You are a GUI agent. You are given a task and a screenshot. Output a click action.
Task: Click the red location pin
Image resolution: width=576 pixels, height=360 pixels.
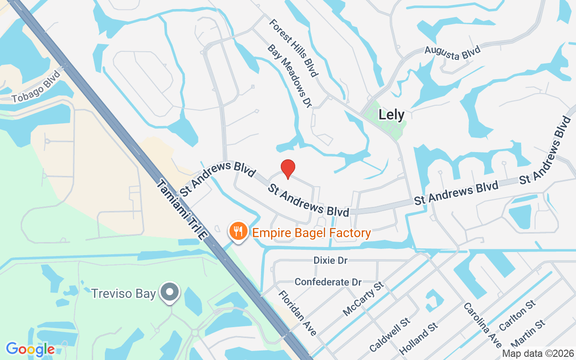(288, 169)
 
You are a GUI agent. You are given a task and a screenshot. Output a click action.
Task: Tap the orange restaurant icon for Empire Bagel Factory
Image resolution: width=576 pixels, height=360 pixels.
(238, 231)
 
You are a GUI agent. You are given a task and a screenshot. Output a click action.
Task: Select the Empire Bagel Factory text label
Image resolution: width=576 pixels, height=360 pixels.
(311, 233)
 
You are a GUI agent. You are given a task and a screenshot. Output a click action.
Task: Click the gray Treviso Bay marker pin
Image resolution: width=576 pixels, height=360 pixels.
(170, 292)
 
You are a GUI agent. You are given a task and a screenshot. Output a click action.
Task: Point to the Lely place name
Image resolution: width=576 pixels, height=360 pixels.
(391, 114)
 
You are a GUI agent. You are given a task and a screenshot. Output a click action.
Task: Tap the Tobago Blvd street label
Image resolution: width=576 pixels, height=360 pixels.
(36, 87)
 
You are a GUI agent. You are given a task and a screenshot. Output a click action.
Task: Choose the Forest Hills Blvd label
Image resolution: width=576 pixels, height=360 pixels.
(294, 47)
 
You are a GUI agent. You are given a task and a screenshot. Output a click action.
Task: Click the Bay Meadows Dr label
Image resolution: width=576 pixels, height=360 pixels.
(289, 76)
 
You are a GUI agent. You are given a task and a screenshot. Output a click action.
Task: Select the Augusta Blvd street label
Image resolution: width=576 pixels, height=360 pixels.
(453, 53)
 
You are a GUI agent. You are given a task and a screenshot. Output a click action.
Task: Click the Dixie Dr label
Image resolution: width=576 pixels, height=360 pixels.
(331, 261)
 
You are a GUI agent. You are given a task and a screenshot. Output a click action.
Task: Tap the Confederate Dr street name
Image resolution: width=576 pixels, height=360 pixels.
(328, 282)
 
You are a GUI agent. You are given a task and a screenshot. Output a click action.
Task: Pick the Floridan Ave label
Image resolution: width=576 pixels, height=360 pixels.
(297, 313)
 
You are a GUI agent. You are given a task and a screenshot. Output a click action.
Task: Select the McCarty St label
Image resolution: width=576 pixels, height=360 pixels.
(363, 298)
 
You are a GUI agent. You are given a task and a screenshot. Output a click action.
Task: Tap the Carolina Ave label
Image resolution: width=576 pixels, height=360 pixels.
(482, 324)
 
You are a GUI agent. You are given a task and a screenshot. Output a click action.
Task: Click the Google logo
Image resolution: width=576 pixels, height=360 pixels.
(31, 349)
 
